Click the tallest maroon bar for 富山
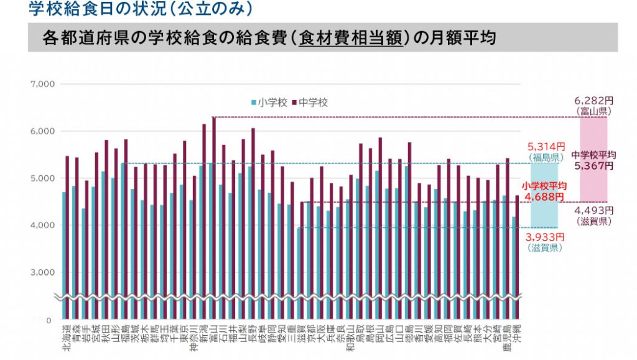(214, 211)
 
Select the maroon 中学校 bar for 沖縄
(517, 255)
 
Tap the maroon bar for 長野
(253, 218)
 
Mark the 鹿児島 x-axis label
(506, 338)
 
